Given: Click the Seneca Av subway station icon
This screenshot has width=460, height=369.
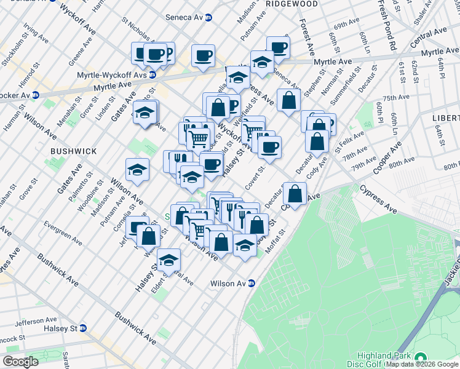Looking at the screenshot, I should (208, 17).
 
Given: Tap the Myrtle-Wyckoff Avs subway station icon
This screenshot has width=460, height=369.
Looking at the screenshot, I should (152, 75).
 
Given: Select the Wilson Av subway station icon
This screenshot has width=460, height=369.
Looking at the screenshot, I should (251, 284).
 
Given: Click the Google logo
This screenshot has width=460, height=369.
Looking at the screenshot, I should (20, 362).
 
